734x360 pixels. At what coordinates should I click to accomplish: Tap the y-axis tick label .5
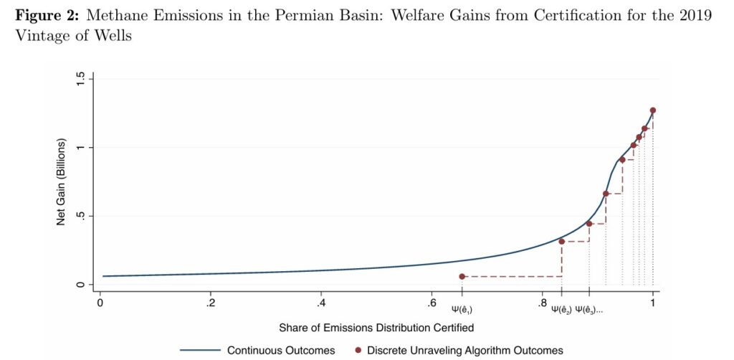tap(80, 216)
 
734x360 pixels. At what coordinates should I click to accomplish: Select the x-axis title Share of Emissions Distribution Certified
tap(376, 327)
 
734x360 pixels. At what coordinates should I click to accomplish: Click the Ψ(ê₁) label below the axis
tap(462, 309)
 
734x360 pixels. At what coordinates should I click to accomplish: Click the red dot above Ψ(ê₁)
tap(462, 277)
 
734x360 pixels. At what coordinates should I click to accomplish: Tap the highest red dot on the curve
tap(653, 110)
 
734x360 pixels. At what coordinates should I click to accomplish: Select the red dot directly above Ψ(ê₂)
tap(561, 242)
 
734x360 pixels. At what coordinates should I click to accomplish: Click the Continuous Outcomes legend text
tap(281, 351)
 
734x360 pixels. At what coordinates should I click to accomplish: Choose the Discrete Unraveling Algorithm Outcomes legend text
tap(464, 351)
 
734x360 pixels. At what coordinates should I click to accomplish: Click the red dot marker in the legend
tap(358, 351)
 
